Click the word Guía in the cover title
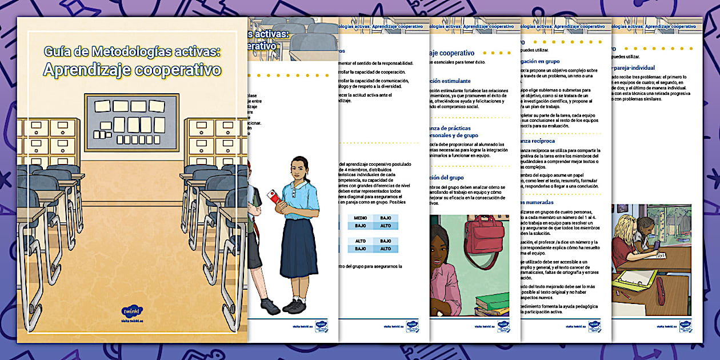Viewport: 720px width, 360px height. [x=58, y=52]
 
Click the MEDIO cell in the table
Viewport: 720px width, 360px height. [x=360, y=218]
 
